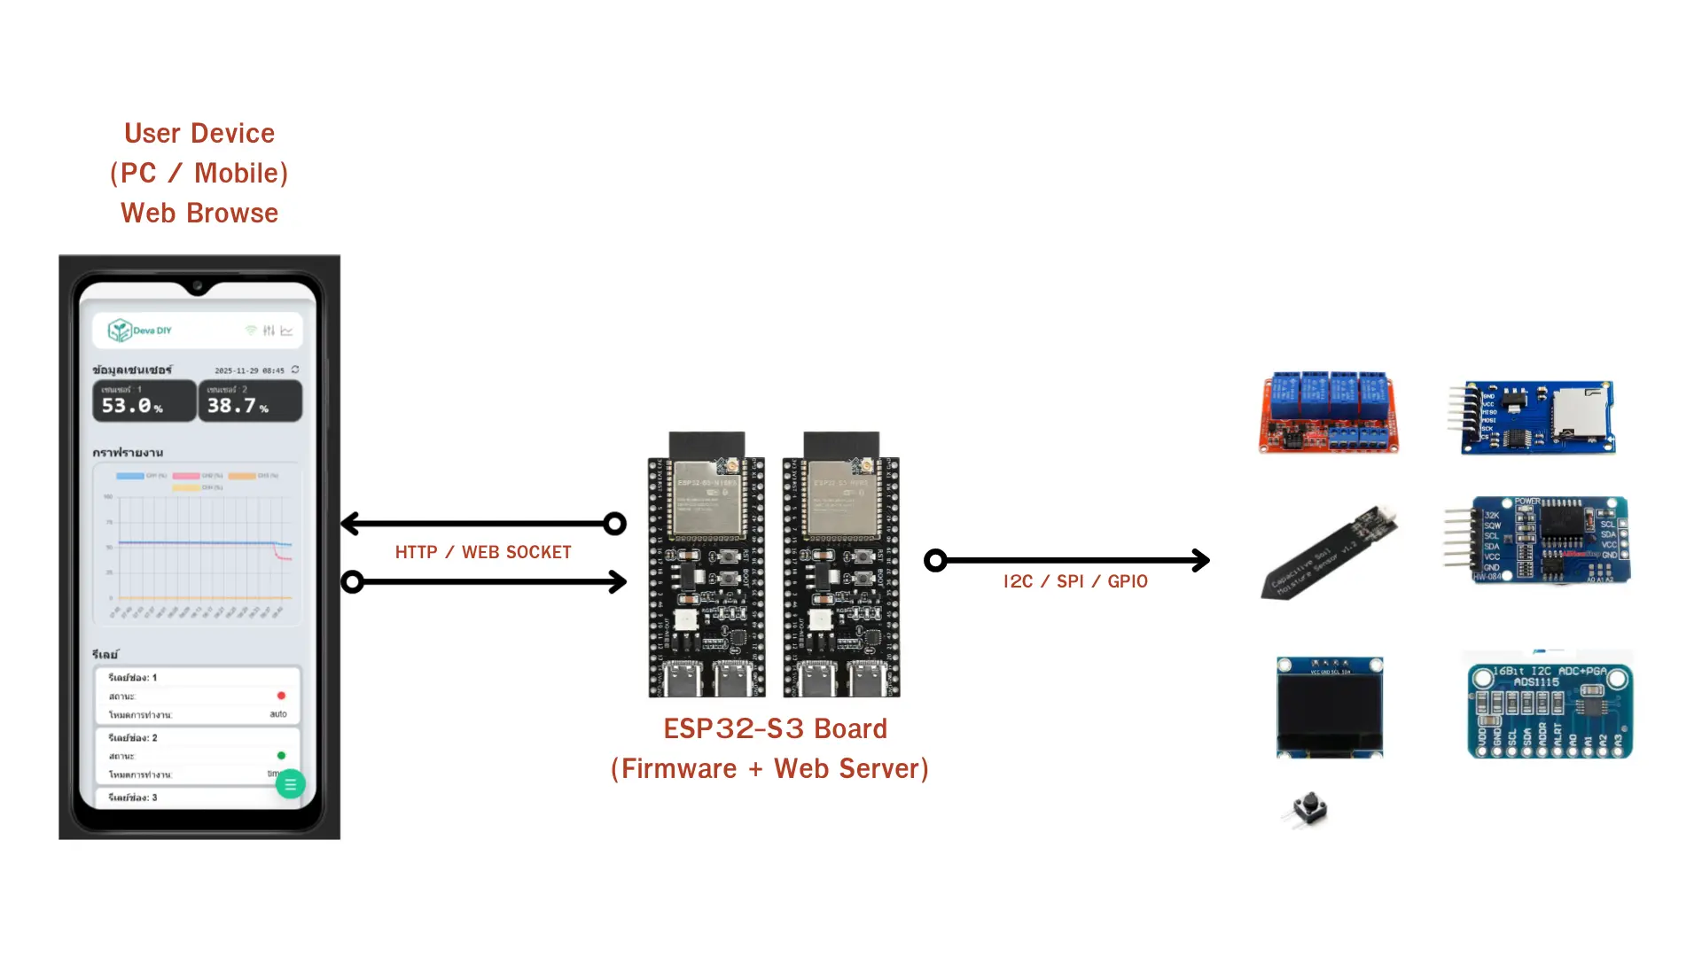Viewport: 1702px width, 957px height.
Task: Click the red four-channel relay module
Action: coord(1328,412)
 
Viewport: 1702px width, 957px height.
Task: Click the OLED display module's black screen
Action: coord(1329,712)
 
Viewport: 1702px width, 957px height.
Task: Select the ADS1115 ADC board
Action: coord(1550,711)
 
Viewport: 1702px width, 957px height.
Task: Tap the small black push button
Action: coord(1308,808)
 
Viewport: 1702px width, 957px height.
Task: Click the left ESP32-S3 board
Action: coord(707,567)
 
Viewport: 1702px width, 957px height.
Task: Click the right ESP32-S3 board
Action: coord(841,567)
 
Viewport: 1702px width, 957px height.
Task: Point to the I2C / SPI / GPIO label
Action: coord(1075,581)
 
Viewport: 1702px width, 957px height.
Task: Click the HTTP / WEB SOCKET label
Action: coord(483,552)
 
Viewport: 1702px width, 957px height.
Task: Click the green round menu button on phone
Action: coord(290,784)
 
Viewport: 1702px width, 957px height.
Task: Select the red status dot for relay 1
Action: coord(281,696)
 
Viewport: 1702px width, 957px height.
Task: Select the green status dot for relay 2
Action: coord(281,756)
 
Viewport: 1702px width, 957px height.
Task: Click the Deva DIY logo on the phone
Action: coord(140,331)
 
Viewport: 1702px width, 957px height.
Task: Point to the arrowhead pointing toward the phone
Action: coord(350,524)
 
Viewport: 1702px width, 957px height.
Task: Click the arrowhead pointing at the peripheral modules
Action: coord(1201,560)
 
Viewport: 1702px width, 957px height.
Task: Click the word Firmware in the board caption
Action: coord(678,768)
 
